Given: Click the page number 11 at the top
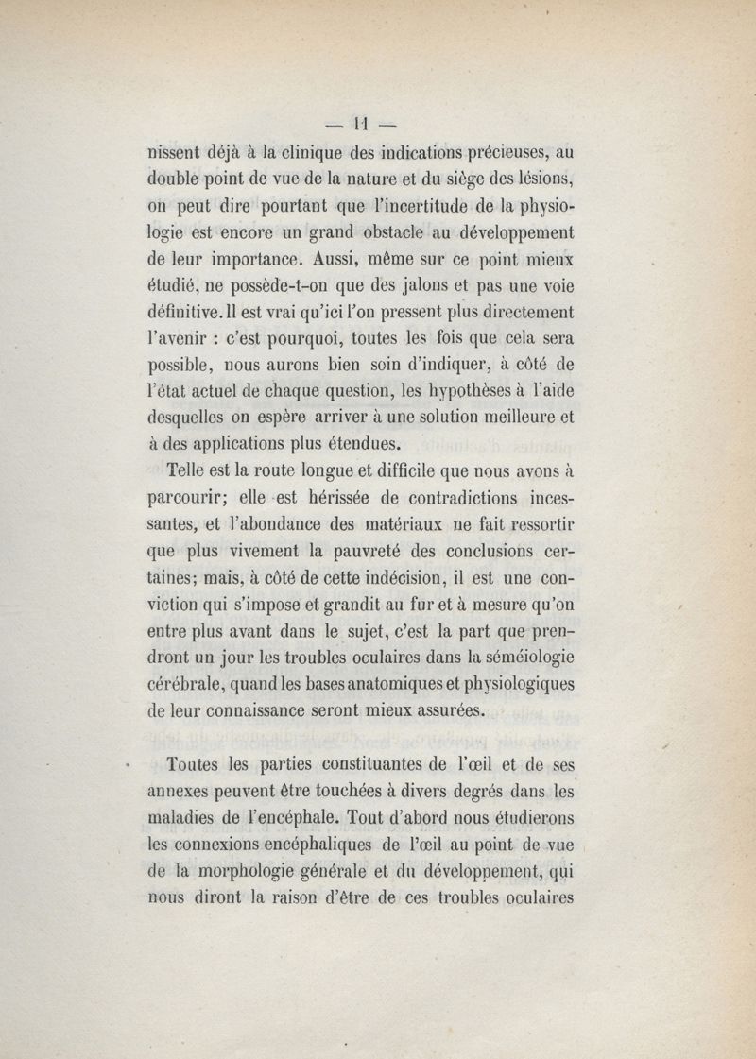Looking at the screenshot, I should pyautogui.click(x=359, y=122).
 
